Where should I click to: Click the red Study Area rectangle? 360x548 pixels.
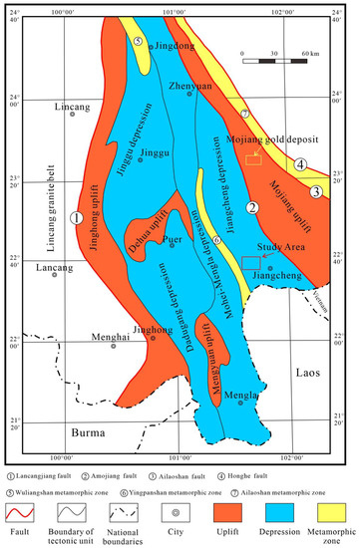(x=251, y=262)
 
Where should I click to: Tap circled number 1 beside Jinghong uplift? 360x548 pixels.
(x=78, y=217)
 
